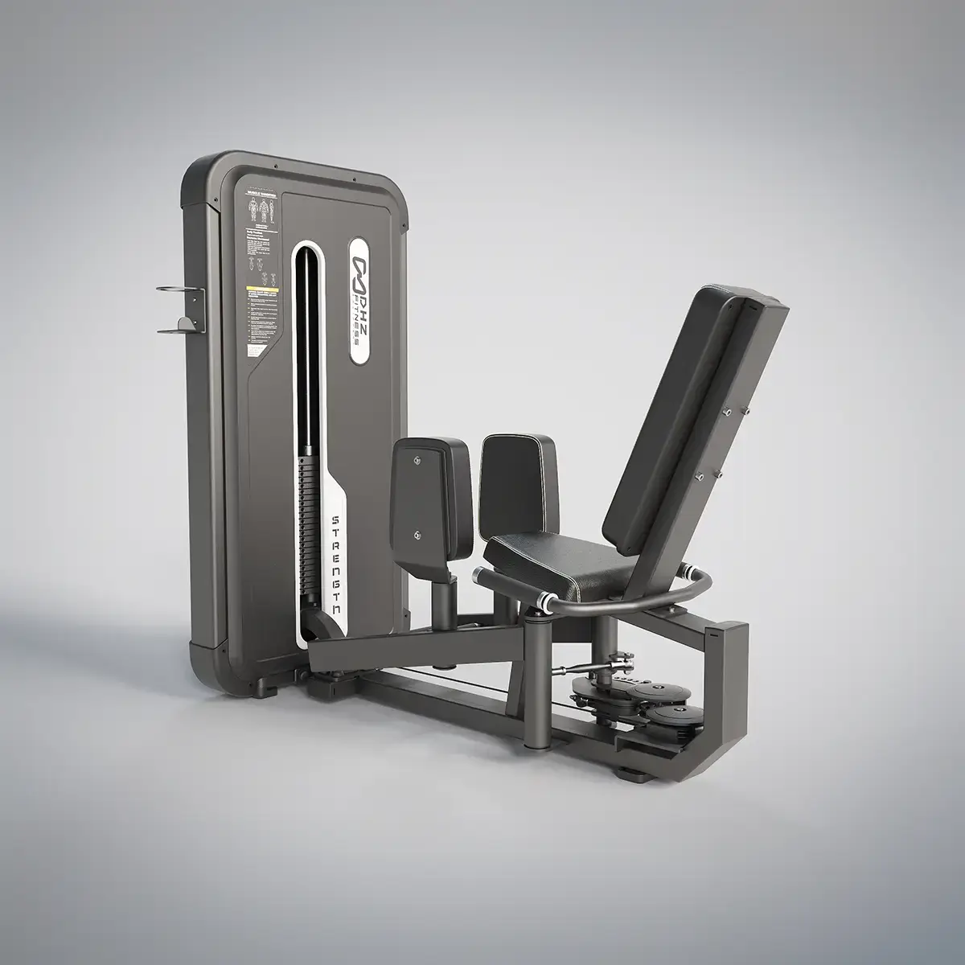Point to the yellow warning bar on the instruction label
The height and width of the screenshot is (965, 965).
(x=261, y=288)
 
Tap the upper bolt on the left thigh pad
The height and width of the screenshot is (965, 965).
(x=417, y=460)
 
